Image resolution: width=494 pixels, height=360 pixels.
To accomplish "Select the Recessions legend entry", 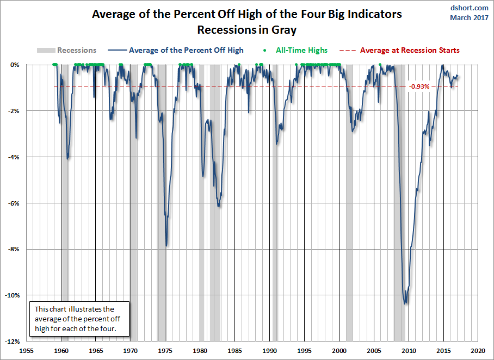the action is click(66, 50).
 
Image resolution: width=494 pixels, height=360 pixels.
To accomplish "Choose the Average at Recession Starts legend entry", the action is click(400, 50).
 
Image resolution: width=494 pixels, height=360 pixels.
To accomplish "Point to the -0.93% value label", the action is click(420, 86).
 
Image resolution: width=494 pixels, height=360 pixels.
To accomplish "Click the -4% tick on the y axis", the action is click(17, 157).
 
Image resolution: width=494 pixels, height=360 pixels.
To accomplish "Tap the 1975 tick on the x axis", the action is click(165, 351).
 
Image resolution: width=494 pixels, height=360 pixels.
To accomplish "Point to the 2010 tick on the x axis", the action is click(409, 351).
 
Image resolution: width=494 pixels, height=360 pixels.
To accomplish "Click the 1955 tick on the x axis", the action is click(27, 351).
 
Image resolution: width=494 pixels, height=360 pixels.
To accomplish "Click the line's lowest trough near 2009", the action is click(405, 303).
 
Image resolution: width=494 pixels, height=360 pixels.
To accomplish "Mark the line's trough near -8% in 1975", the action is click(166, 246).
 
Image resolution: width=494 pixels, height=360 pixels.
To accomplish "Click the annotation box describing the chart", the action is click(80, 319).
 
